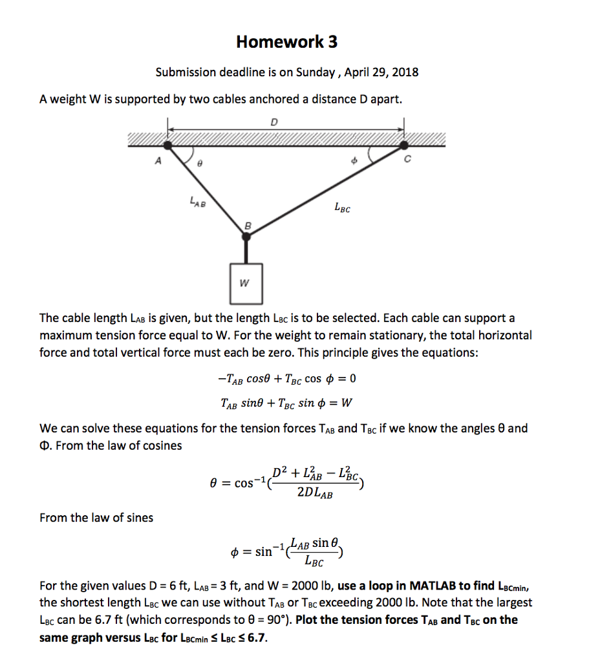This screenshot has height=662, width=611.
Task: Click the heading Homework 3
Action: pos(286,43)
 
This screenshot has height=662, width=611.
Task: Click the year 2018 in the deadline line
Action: pos(405,72)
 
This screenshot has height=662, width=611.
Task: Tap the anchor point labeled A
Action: pos(168,146)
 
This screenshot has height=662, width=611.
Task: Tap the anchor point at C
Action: pos(405,146)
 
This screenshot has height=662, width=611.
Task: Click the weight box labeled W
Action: pos(246,283)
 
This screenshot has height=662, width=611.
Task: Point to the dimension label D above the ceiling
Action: pos(275,121)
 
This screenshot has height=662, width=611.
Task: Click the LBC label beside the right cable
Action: pos(343,208)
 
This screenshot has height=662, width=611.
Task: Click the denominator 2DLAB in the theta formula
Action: pos(315,494)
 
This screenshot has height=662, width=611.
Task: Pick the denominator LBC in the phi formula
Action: pos(313,561)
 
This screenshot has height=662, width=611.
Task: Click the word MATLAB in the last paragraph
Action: pos(432,586)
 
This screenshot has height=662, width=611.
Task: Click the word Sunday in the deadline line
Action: pos(314,72)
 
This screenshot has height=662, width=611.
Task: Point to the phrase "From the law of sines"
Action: pos(96,518)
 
